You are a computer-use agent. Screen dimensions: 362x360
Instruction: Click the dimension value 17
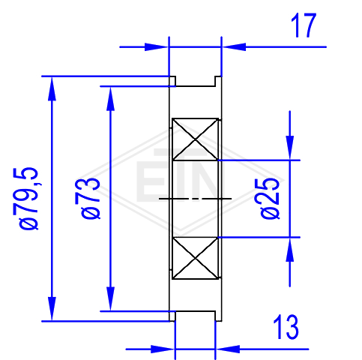tap(304, 25)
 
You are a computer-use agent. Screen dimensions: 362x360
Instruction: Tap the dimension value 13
tap(286, 326)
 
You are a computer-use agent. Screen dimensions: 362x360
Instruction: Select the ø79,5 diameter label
tap(28, 198)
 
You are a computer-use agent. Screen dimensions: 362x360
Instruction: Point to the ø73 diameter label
tap(91, 198)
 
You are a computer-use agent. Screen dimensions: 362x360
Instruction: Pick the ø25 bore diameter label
tap(270, 198)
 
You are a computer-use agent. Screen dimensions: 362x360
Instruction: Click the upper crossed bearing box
tap(195, 139)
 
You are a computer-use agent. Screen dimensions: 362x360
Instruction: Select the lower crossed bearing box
tap(195, 258)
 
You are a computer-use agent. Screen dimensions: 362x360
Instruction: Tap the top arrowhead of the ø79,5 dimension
tap(52, 88)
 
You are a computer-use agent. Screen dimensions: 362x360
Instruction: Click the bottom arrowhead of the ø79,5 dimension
tap(52, 309)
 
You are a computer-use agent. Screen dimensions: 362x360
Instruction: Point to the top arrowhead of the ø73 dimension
tap(110, 99)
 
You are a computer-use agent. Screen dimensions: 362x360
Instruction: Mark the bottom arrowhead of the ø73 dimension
tap(110, 298)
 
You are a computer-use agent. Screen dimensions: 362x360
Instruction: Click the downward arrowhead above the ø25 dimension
tap(290, 148)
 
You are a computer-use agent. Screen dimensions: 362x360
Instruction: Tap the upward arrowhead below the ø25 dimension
tap(290, 250)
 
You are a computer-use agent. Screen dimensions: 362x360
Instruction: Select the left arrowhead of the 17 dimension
tap(157, 46)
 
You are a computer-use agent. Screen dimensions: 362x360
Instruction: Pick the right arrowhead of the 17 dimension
tap(234, 46)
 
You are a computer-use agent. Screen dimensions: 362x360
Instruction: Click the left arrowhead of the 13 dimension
tap(163, 349)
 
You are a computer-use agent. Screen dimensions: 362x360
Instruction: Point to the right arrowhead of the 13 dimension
tap(228, 349)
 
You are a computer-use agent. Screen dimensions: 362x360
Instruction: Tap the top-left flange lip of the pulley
tap(172, 81)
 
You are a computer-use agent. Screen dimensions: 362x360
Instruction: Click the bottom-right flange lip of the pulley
tap(218, 316)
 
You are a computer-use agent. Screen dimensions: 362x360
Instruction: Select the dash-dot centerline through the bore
tap(195, 199)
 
